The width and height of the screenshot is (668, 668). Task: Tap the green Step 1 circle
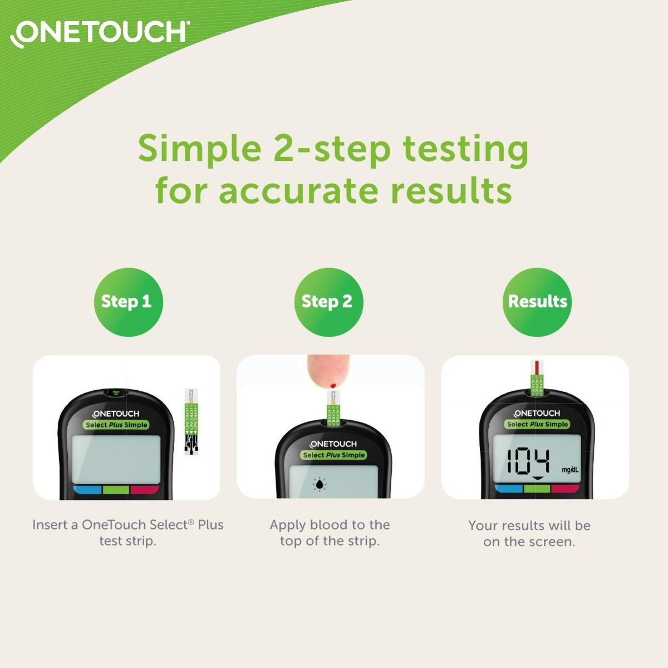[x=127, y=302]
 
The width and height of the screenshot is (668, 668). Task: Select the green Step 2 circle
[x=327, y=302]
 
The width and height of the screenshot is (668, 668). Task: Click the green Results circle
[x=537, y=302]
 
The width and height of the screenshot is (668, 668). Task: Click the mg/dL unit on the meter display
[x=570, y=470]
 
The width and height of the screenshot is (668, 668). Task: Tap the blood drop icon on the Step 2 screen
[x=320, y=484]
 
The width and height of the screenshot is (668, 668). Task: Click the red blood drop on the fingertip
[x=332, y=385]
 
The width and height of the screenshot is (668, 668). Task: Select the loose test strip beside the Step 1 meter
[x=191, y=422]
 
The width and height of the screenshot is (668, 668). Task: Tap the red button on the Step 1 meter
[x=145, y=490]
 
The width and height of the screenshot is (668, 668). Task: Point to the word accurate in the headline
[x=299, y=190]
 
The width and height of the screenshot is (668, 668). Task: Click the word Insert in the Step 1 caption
[x=48, y=525]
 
